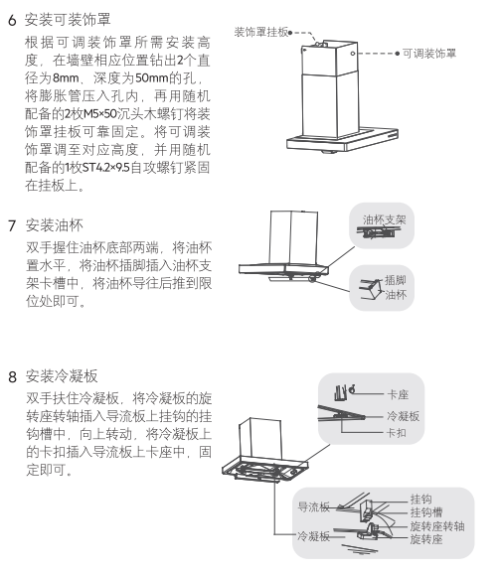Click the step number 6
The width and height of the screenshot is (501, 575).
(12, 20)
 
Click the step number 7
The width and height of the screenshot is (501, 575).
(12, 225)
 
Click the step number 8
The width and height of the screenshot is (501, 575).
(13, 376)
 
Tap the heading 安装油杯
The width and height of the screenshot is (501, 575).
(55, 225)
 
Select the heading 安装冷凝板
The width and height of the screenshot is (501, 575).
(62, 376)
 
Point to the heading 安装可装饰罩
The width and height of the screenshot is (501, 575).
(68, 20)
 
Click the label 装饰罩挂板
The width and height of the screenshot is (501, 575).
(261, 32)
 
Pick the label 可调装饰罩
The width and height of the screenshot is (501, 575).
(429, 54)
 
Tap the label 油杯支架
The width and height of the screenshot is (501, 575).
(385, 219)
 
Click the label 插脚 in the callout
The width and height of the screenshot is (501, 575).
(396, 280)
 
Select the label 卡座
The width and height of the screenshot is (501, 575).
(398, 394)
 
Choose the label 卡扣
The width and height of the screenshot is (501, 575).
(396, 433)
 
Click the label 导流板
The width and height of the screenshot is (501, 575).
(313, 507)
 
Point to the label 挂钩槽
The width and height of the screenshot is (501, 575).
(426, 512)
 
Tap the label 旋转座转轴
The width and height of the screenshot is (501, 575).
(437, 526)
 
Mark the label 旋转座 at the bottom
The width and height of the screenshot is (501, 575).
(426, 539)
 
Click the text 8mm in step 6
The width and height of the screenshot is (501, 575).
(66, 78)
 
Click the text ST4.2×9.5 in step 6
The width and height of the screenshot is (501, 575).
(106, 168)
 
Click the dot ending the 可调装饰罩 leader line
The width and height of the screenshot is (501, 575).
(398, 54)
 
